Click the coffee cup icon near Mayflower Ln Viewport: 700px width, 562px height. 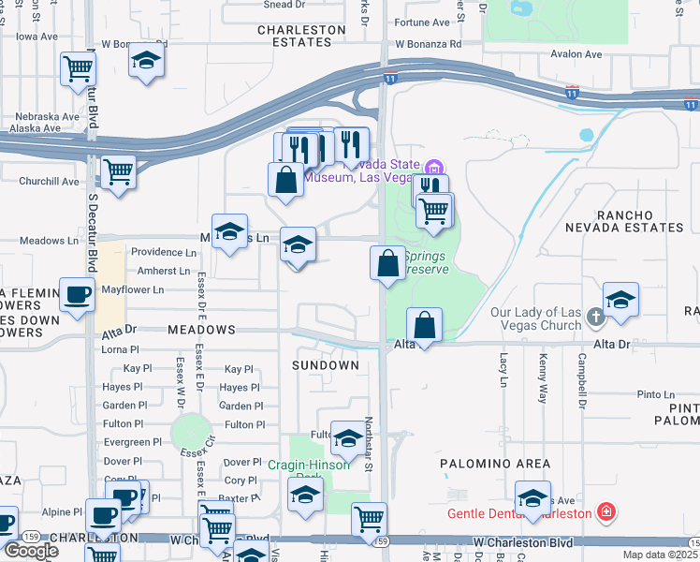[77, 295]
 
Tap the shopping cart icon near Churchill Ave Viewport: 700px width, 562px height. [118, 172]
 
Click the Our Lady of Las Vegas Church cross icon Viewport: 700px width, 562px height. [595, 318]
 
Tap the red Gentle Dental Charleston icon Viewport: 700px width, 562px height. [606, 512]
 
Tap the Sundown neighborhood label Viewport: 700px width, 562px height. [325, 364]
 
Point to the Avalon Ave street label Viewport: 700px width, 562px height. [576, 54]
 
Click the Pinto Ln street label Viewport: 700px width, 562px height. [655, 395]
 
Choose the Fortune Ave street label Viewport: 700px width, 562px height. [423, 22]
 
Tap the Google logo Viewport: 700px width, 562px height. [31, 550]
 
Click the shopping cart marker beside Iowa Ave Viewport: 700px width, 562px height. [78, 68]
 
